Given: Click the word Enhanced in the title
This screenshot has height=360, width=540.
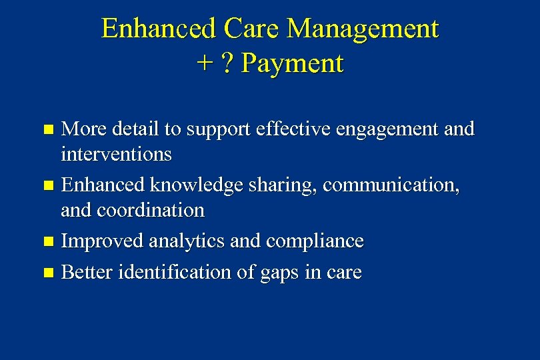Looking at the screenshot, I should tap(159, 29).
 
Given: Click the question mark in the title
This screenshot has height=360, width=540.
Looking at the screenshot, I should tap(227, 64).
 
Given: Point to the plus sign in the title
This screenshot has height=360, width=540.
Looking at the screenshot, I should tap(203, 65).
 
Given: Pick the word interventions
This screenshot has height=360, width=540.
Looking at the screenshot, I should tap(116, 155).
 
